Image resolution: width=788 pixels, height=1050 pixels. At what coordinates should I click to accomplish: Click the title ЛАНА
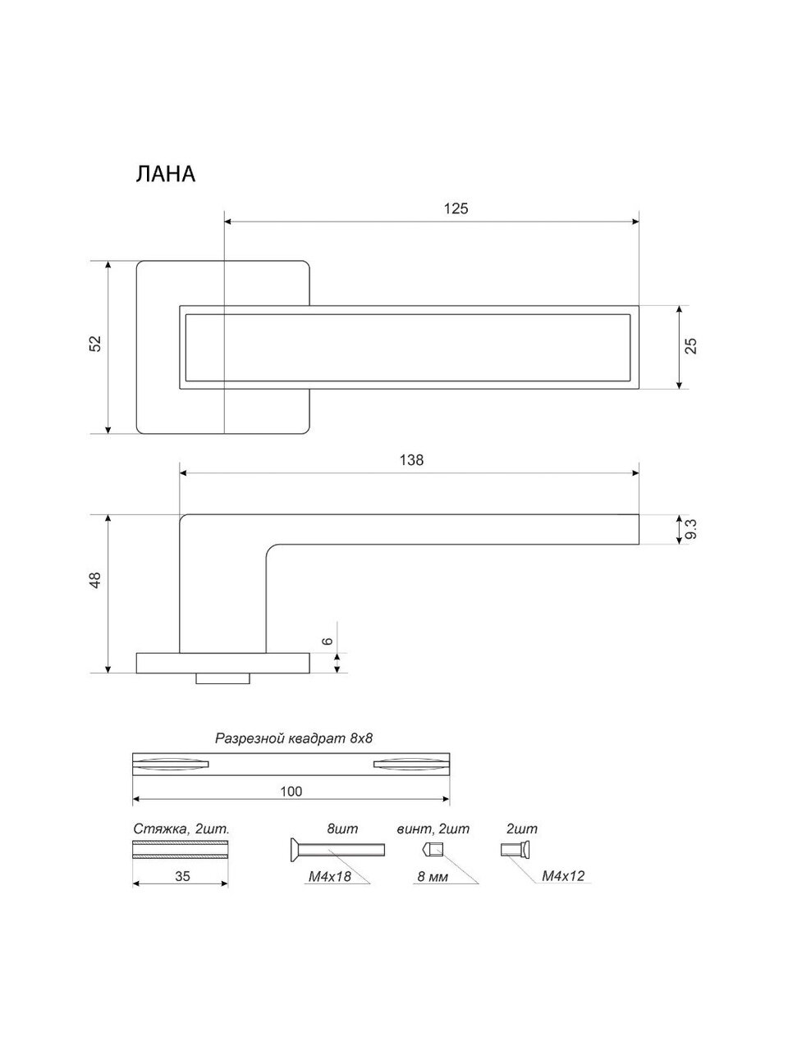[165, 175]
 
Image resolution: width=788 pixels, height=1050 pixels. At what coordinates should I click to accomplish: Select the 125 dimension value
[456, 208]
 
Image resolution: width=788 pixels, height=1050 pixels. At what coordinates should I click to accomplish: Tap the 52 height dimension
[95, 344]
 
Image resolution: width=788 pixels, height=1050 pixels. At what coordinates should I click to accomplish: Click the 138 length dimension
[411, 460]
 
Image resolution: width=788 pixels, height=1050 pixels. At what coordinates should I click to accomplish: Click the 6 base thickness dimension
[328, 641]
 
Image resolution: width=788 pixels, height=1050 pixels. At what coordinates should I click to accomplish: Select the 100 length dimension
[291, 792]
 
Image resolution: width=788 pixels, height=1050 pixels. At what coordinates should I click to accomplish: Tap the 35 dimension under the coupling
[182, 876]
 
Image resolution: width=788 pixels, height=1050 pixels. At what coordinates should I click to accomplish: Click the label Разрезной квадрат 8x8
[294, 738]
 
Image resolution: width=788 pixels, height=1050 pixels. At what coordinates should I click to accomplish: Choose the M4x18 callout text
[331, 877]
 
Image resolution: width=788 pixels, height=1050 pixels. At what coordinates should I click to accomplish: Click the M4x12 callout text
[563, 876]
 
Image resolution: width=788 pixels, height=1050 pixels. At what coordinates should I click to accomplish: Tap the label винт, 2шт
[432, 829]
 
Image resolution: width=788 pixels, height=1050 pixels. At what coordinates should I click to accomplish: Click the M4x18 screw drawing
[337, 849]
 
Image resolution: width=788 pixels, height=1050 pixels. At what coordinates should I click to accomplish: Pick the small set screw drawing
[433, 849]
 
